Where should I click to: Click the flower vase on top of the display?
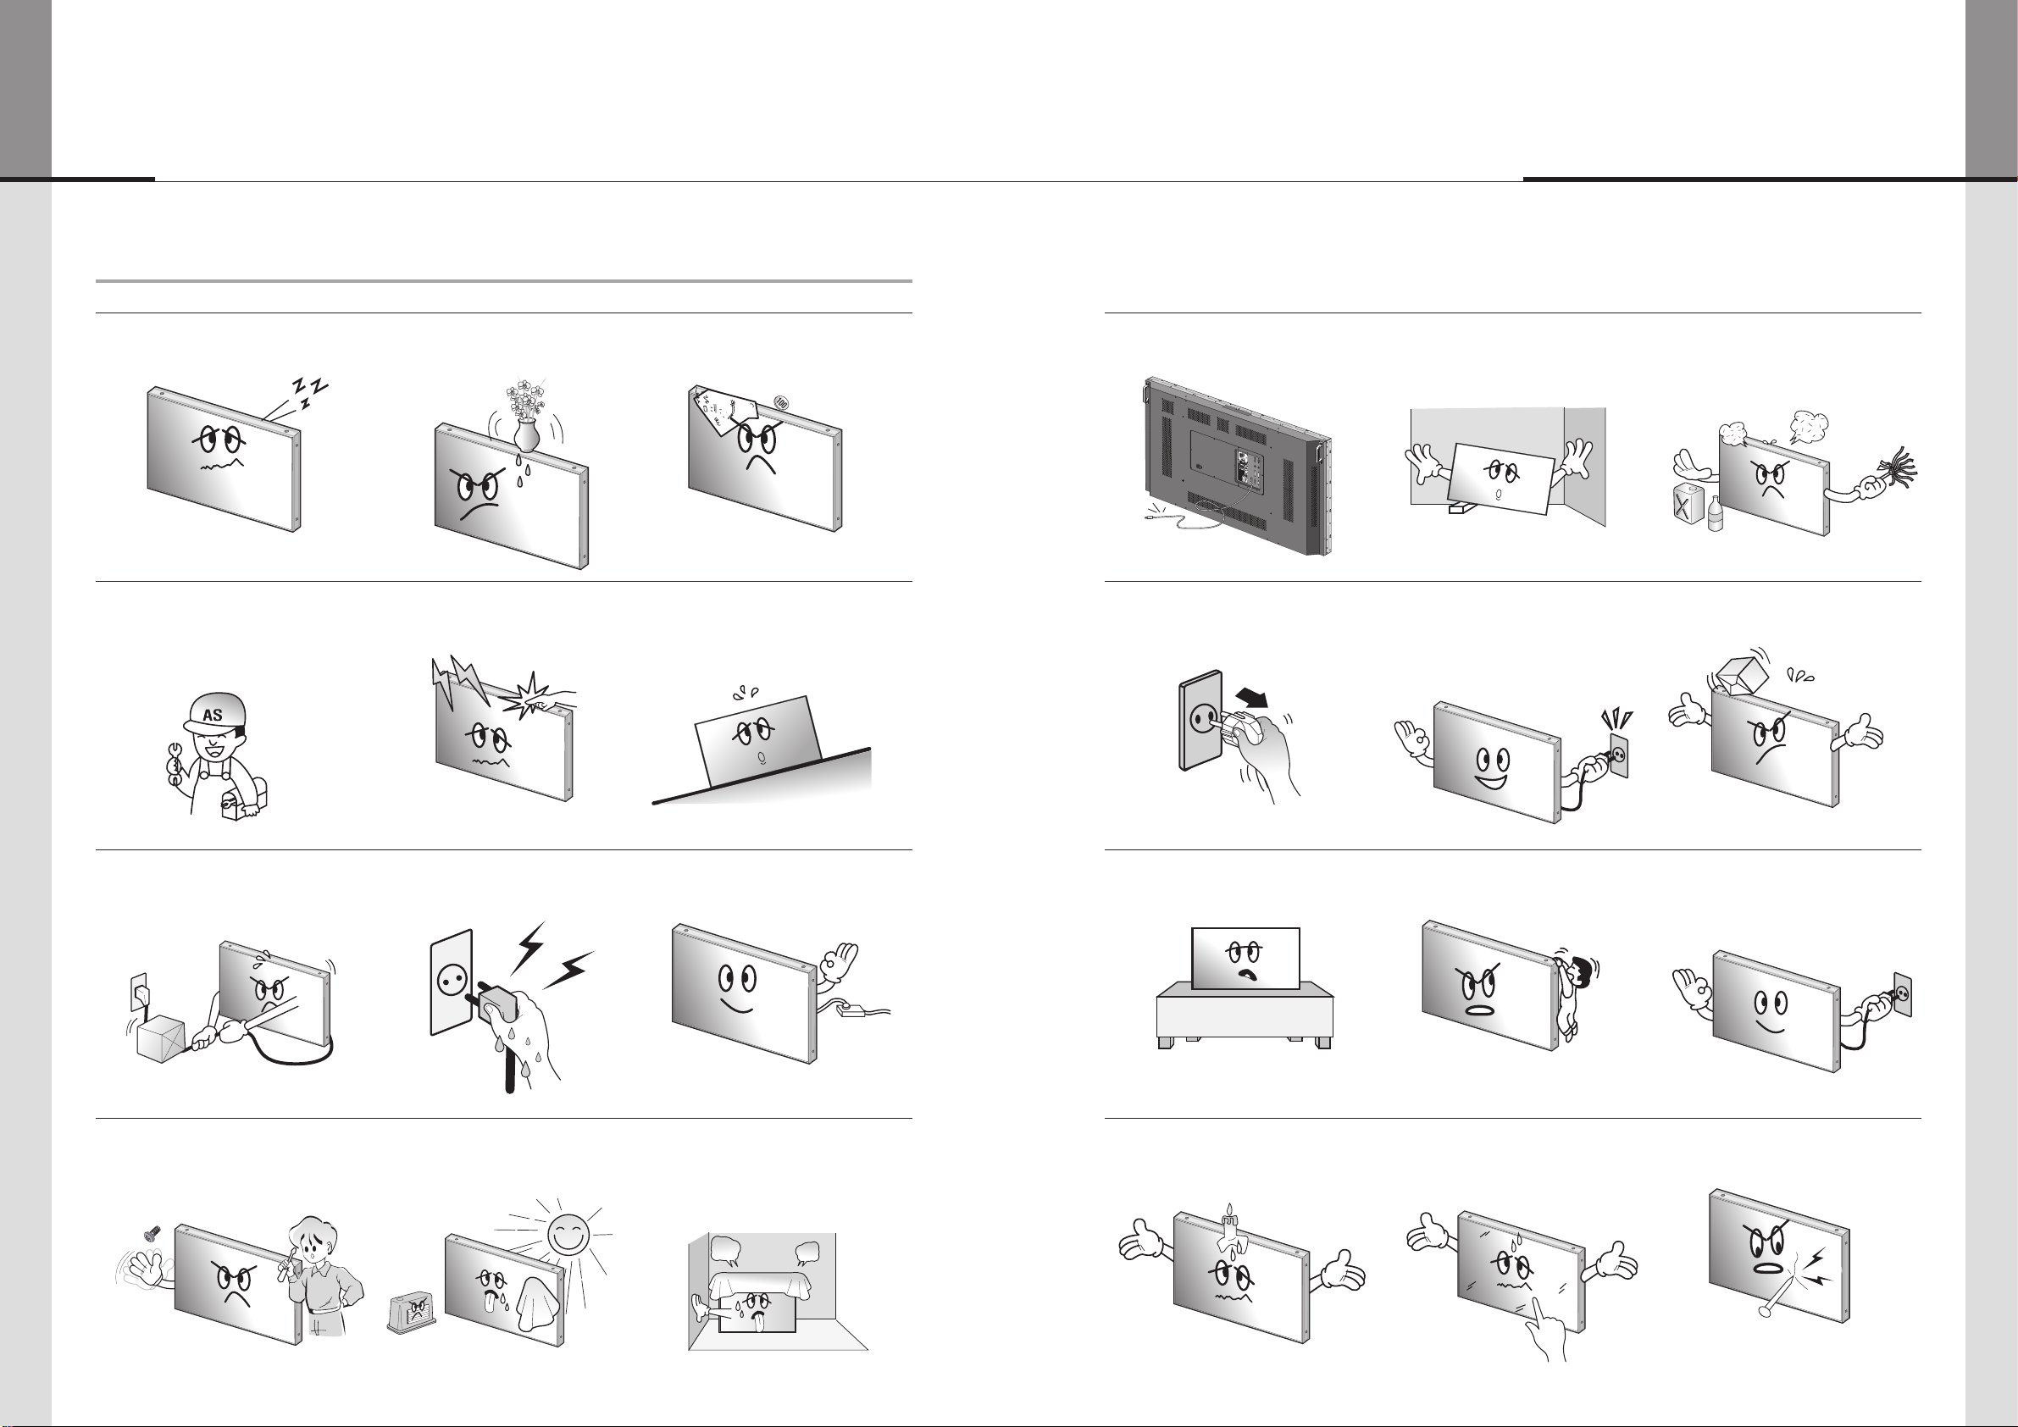point(525,432)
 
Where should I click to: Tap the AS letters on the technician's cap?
point(213,716)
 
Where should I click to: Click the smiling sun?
point(568,1235)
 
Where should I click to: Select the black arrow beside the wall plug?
point(1252,699)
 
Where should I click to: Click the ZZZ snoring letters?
point(309,392)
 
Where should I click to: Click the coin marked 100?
point(782,402)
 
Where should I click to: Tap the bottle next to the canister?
point(1715,513)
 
